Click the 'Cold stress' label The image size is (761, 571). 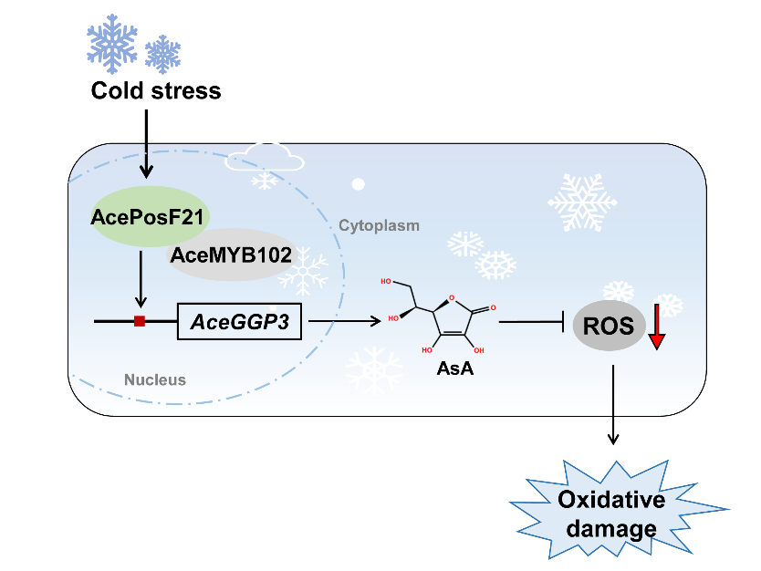[156, 91]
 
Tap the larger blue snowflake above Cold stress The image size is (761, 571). [112, 41]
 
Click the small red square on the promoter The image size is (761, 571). [140, 320]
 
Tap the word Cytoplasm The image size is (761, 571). [380, 224]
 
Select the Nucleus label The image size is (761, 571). [155, 379]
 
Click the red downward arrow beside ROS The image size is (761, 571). [657, 327]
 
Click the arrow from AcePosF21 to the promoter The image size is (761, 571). [140, 279]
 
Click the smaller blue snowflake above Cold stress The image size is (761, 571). [163, 54]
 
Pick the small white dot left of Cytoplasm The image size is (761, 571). [359, 184]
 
